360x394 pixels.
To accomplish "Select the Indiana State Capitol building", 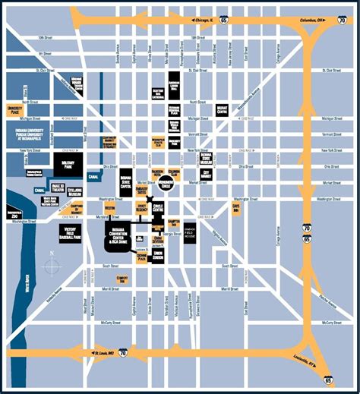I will [125, 183].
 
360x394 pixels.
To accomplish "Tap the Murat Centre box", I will [222, 110].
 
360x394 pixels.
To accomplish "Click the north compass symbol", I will [51, 267].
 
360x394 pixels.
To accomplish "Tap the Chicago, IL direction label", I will [204, 20].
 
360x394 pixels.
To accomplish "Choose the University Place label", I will [15, 110].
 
